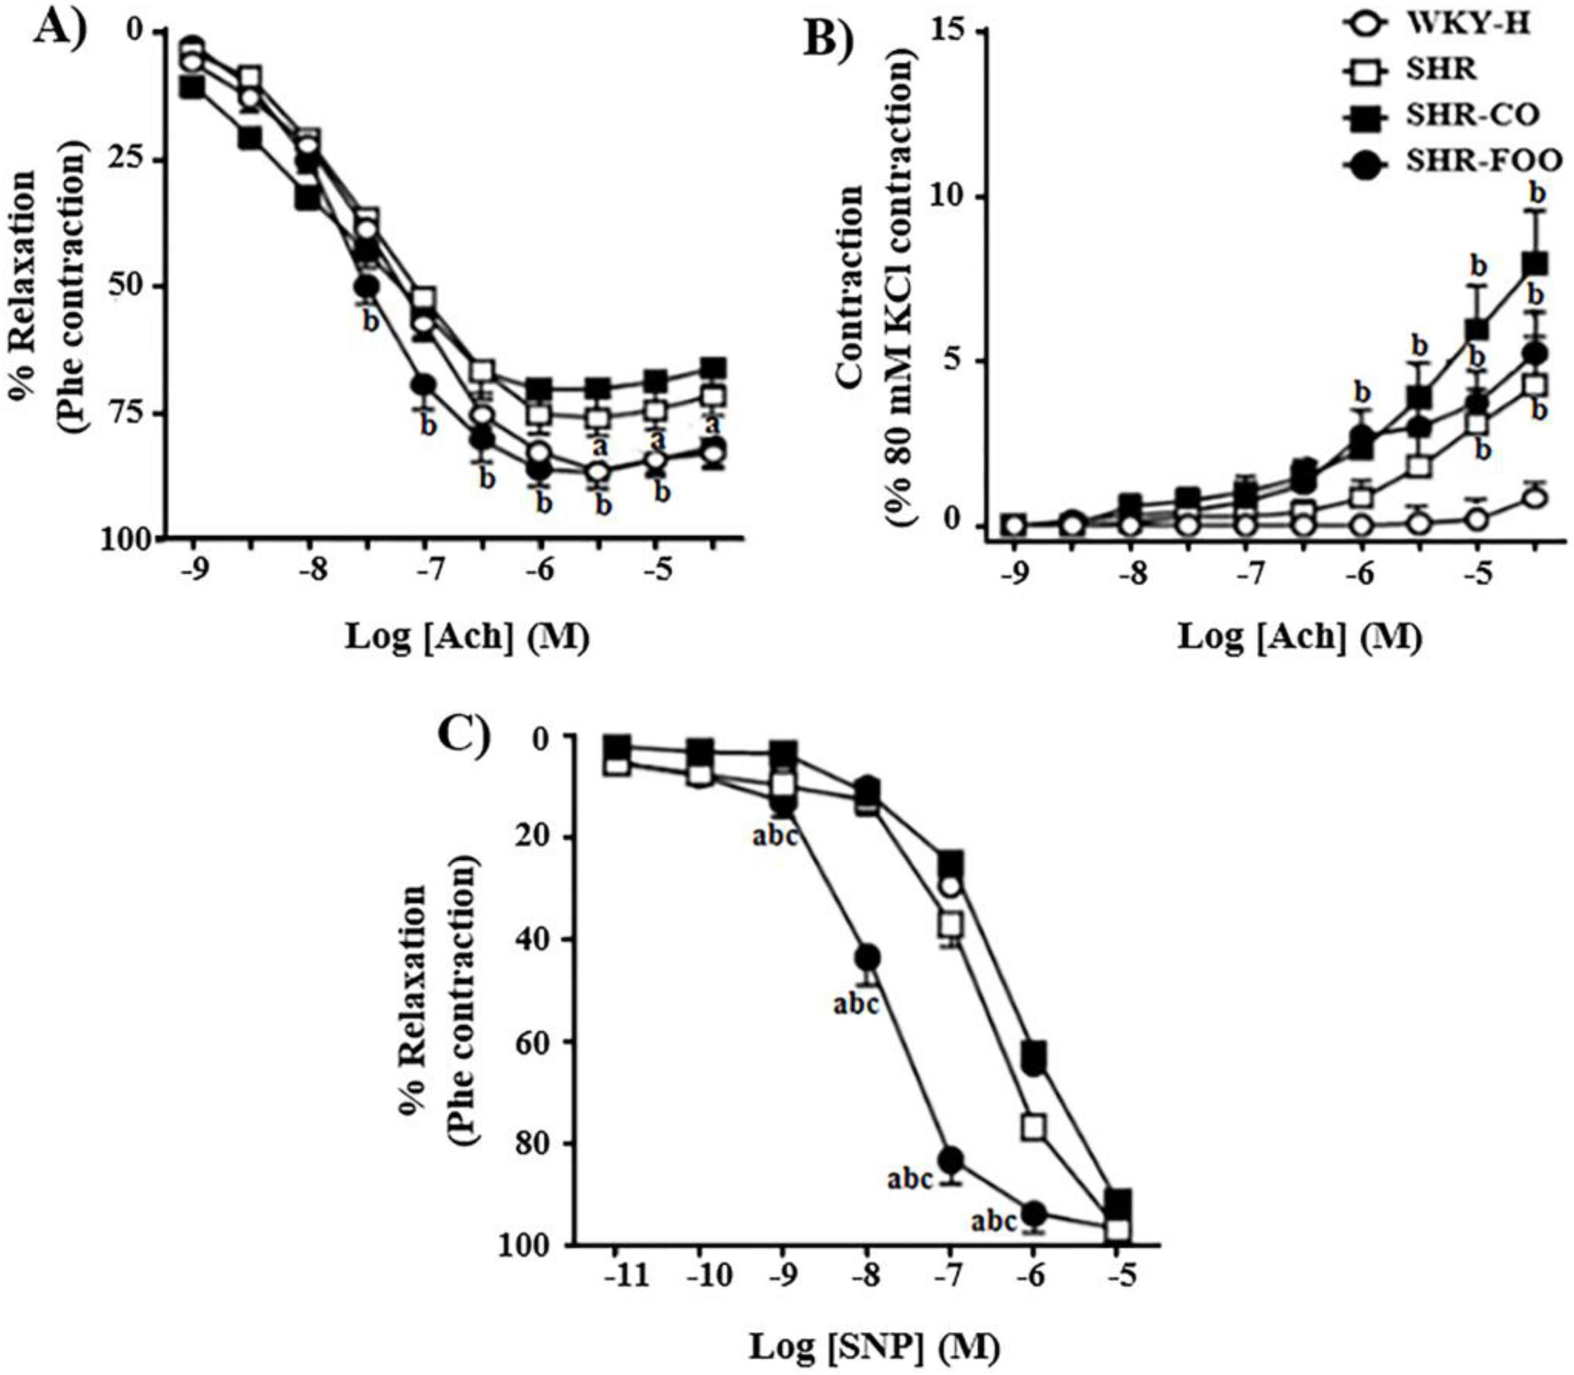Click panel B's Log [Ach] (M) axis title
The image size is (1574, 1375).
tap(1300, 638)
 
